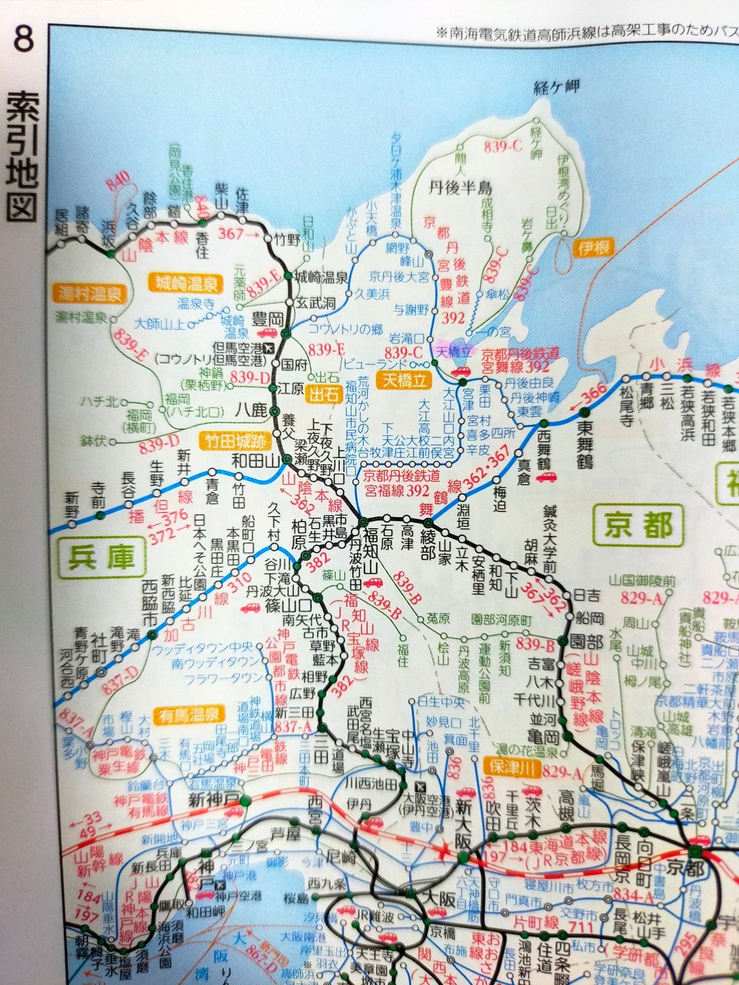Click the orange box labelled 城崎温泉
pyautogui.click(x=185, y=284)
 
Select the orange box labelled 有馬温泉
pyautogui.click(x=190, y=714)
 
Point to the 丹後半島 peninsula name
pyautogui.click(x=462, y=188)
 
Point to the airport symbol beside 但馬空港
pyautogui.click(x=269, y=348)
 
